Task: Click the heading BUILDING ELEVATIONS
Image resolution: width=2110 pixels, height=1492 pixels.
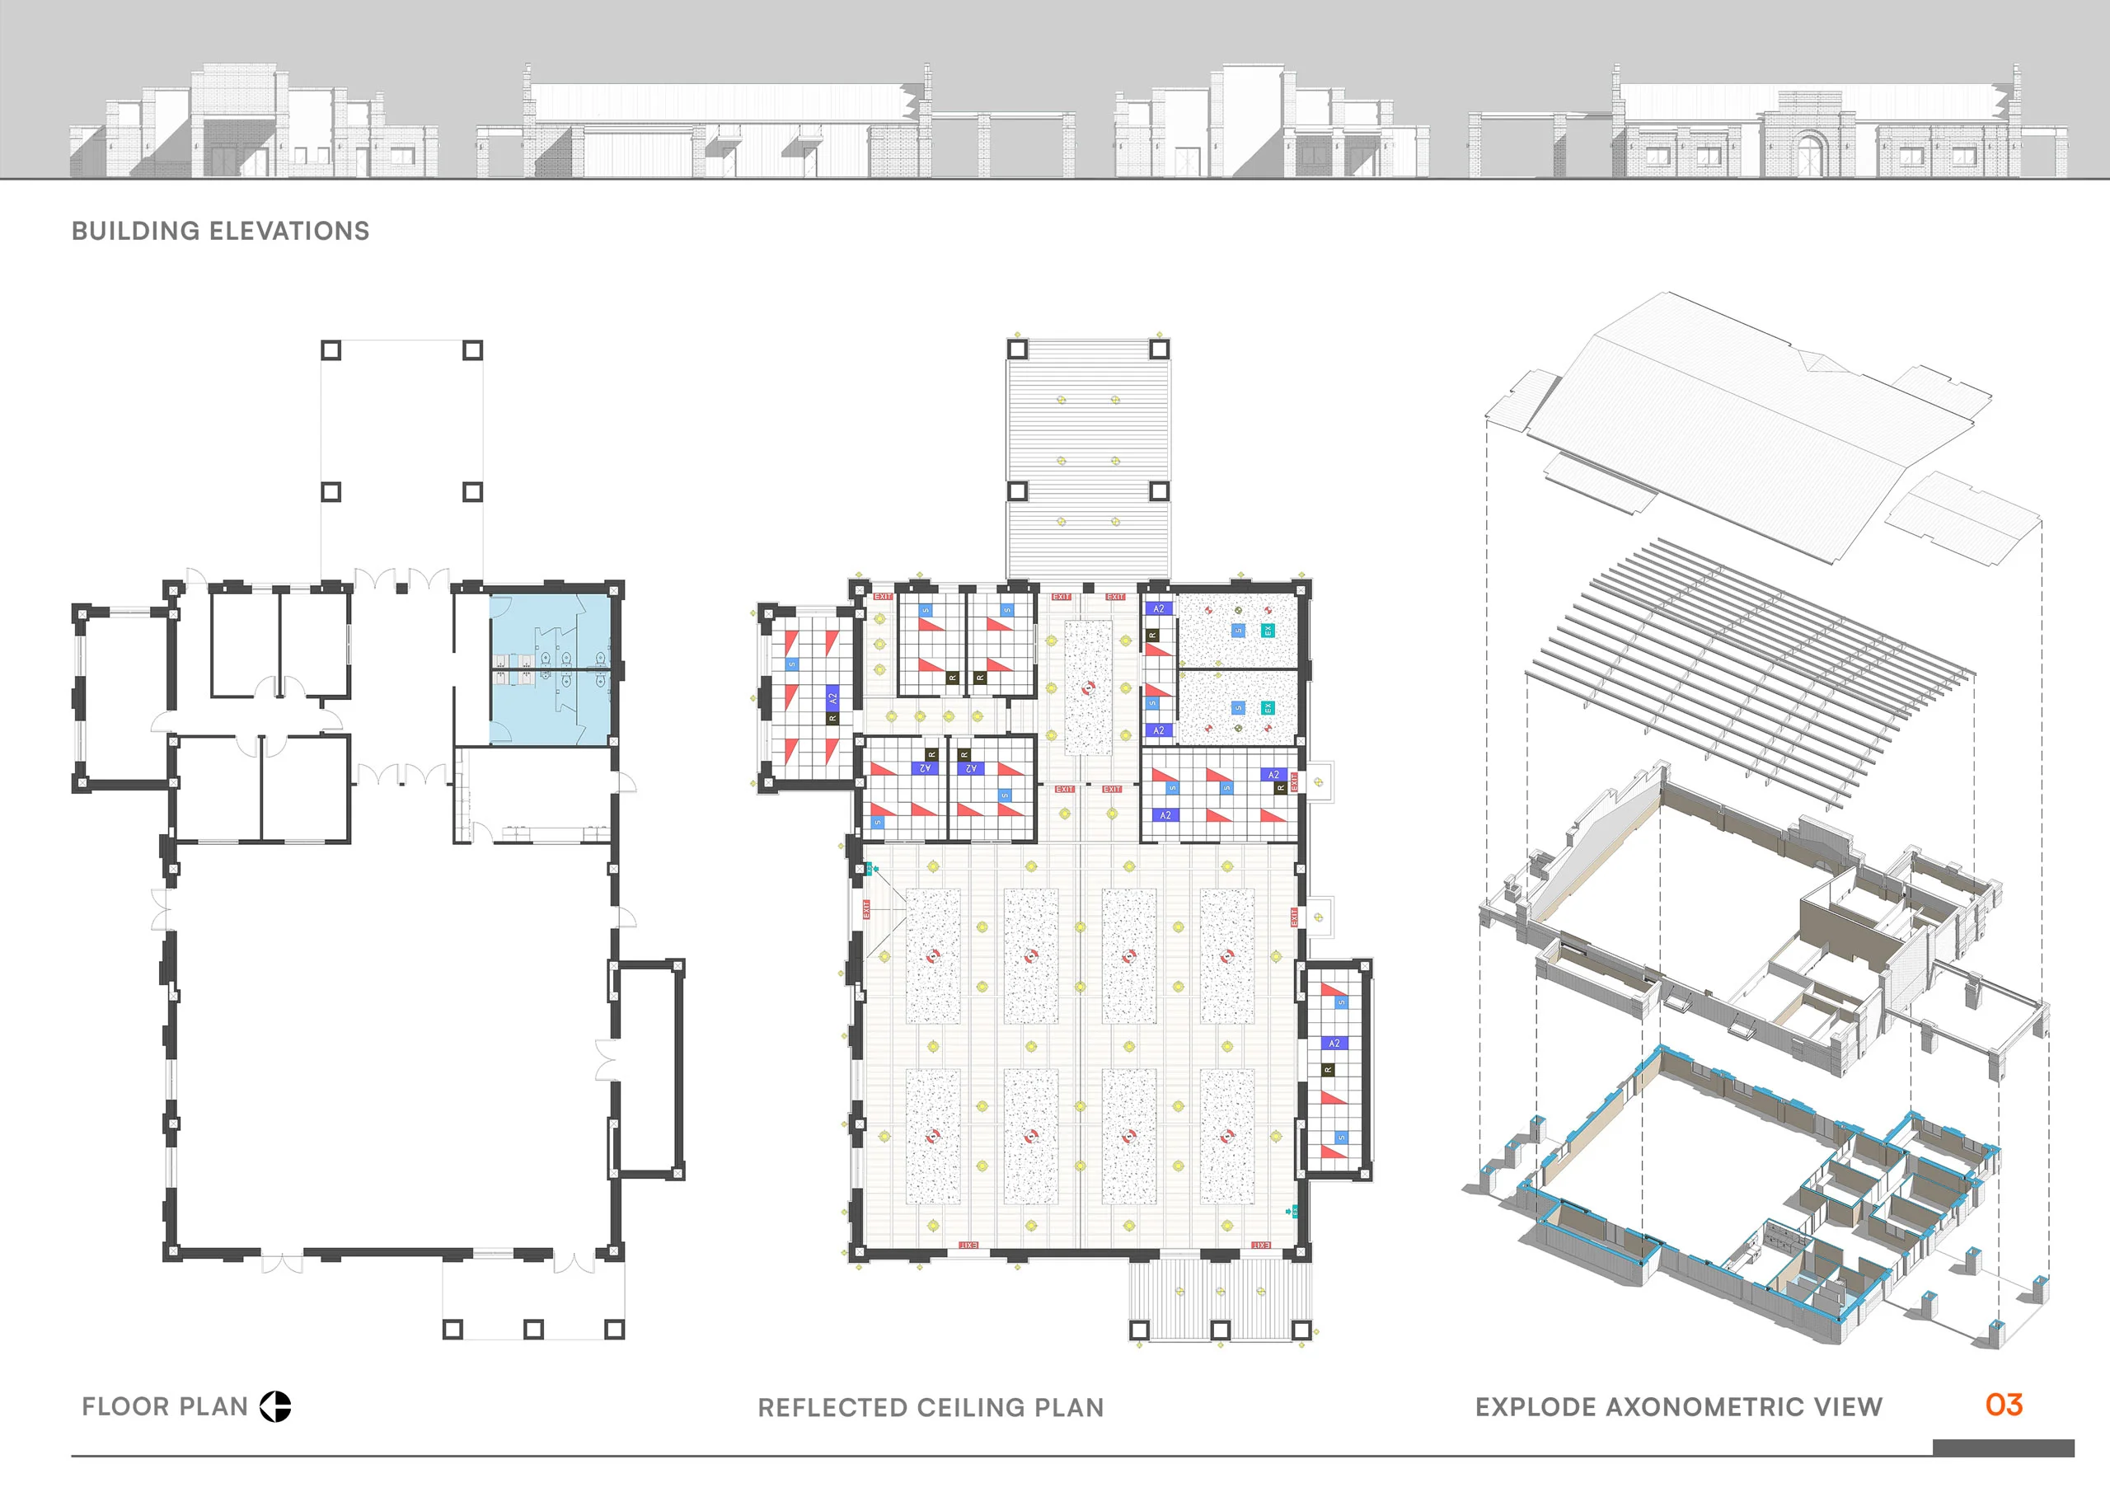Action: point(221,231)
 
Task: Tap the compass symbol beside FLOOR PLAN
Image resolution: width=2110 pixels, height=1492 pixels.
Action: point(274,1406)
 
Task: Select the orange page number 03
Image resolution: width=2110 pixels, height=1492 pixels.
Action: point(2004,1405)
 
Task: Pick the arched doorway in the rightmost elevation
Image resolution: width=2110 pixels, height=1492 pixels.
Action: point(1809,153)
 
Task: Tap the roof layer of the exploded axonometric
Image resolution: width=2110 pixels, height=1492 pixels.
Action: point(1746,423)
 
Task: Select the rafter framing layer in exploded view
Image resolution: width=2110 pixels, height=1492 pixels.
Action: point(1746,662)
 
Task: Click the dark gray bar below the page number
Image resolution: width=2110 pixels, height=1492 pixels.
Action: point(2003,1447)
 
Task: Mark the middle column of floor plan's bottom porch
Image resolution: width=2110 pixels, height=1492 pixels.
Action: point(533,1330)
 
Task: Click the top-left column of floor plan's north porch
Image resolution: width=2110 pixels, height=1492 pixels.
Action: point(331,350)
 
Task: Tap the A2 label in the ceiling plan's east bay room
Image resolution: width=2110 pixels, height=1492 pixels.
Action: point(1334,1044)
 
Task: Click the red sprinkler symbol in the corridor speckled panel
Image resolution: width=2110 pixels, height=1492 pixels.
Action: point(1089,687)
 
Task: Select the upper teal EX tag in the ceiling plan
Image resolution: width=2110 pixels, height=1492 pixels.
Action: point(1268,631)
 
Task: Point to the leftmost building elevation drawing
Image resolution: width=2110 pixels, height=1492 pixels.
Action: point(253,124)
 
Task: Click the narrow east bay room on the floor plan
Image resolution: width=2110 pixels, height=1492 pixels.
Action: point(648,1068)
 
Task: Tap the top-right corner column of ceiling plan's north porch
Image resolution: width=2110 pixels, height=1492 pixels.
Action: point(1159,350)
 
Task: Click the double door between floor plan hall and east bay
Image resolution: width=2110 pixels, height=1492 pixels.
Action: point(607,1060)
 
